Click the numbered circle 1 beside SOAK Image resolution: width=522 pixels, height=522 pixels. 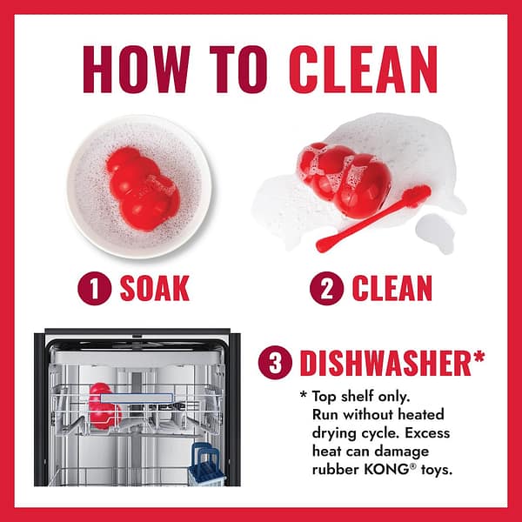pyautogui.click(x=95, y=289)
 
